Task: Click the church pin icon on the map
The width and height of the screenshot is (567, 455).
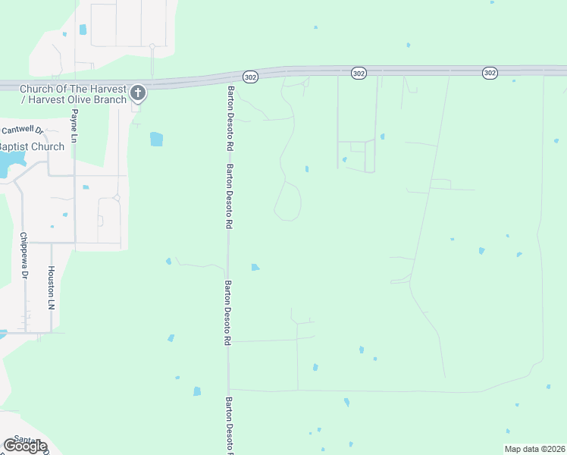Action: [x=137, y=93]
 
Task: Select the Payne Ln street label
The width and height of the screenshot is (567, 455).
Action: [x=74, y=126]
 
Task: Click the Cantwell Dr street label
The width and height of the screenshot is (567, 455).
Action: [x=20, y=130]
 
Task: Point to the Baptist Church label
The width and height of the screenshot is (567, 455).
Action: [x=31, y=146]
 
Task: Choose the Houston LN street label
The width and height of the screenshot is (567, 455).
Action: [x=52, y=287]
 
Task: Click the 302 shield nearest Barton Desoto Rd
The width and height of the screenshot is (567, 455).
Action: [x=251, y=77]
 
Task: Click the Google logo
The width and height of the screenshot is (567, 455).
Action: [x=25, y=446]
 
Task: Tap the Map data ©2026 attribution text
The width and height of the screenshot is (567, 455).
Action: [x=534, y=449]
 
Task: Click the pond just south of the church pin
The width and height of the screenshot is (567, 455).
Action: [x=156, y=139]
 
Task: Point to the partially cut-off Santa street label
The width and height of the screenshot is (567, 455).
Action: [x=28, y=438]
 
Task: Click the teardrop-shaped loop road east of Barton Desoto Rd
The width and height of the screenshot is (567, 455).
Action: [x=288, y=202]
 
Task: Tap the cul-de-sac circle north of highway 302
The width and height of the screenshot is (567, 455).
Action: [x=152, y=46]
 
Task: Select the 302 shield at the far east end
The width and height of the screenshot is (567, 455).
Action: [x=489, y=72]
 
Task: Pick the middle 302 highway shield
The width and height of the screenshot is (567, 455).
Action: [x=359, y=72]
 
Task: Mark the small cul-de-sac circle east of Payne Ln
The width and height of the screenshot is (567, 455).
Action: [x=117, y=198]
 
